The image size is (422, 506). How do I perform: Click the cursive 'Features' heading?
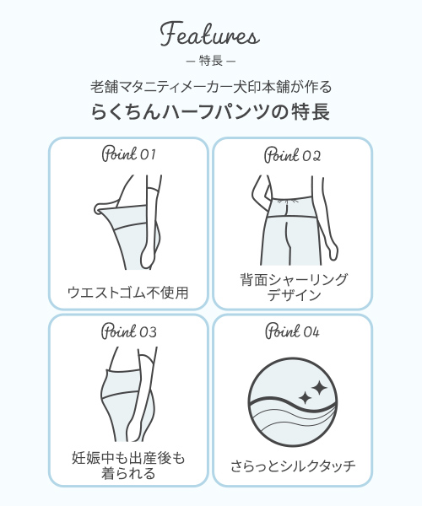pyautogui.click(x=210, y=34)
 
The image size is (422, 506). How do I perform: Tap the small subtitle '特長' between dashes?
pyautogui.click(x=211, y=61)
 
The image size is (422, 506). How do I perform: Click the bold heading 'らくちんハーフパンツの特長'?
pyautogui.click(x=210, y=111)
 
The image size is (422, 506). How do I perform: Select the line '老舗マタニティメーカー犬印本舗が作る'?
pyautogui.click(x=211, y=87)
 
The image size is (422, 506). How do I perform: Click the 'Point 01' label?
pyautogui.click(x=128, y=154)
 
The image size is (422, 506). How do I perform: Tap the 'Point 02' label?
pyautogui.click(x=293, y=155)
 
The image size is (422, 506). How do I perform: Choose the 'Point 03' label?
pyautogui.click(x=129, y=331)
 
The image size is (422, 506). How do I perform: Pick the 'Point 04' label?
pyautogui.click(x=293, y=331)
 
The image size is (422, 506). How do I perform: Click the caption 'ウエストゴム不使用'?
pyautogui.click(x=127, y=293)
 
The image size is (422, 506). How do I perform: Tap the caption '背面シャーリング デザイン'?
pyautogui.click(x=294, y=288)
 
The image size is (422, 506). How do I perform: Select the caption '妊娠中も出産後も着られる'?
pyautogui.click(x=128, y=466)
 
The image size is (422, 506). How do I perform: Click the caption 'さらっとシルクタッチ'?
pyautogui.click(x=293, y=466)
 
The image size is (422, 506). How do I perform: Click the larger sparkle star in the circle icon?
pyautogui.click(x=319, y=388)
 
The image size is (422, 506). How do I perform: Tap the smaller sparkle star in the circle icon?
pyautogui.click(x=305, y=398)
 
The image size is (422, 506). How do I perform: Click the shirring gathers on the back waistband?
pyautogui.click(x=287, y=202)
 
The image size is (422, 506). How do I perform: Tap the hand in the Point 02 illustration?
pyautogui.click(x=333, y=251)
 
